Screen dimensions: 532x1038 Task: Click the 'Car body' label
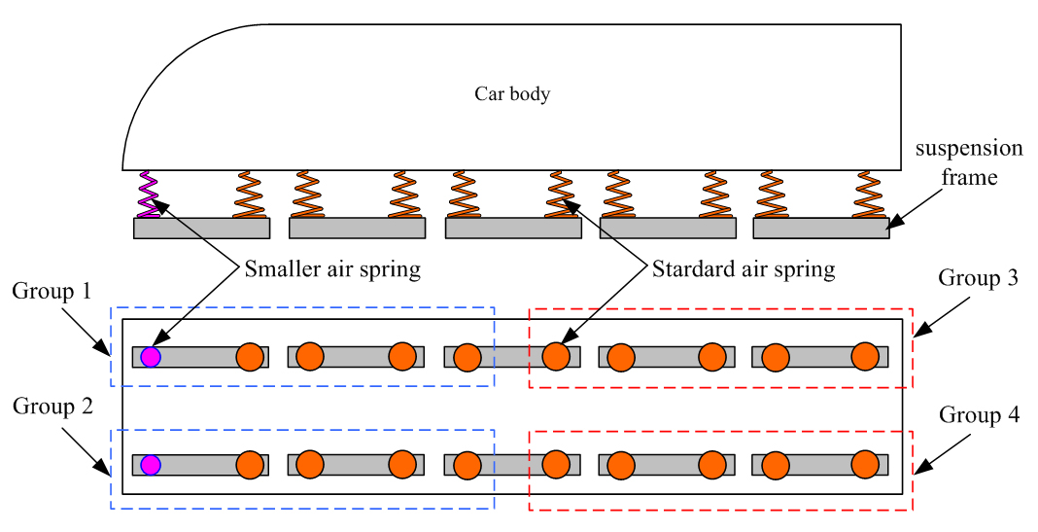tap(512, 94)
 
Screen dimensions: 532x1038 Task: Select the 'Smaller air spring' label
tap(333, 269)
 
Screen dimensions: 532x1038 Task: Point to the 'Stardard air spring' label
tap(744, 269)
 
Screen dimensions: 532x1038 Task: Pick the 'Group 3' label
tap(978, 278)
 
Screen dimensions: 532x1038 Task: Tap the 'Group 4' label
tap(979, 415)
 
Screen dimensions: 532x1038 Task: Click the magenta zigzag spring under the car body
tap(147, 194)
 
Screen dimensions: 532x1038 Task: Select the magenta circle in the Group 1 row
tap(150, 356)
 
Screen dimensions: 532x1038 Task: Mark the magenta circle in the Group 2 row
tap(150, 464)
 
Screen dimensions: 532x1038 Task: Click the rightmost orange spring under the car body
tap(867, 194)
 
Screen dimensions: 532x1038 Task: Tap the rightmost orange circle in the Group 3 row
tap(865, 357)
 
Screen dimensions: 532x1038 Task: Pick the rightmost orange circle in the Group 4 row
tap(865, 464)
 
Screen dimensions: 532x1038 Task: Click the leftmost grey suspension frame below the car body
tap(201, 228)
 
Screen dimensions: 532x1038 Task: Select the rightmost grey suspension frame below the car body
tap(820, 228)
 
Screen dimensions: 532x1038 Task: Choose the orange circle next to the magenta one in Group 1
tap(251, 357)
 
